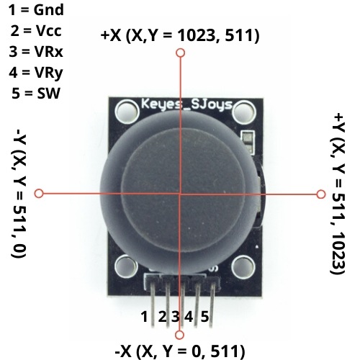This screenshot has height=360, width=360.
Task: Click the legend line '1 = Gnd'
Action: tap(36, 12)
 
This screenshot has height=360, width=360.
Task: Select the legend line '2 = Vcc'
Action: tap(36, 32)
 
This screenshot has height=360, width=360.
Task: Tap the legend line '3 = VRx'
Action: tap(36, 52)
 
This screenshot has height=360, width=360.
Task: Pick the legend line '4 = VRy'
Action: tap(36, 72)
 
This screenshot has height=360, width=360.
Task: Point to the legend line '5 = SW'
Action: tap(36, 93)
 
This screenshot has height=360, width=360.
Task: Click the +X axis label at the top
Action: tap(180, 35)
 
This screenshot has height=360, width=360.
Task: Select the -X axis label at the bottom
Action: tap(180, 351)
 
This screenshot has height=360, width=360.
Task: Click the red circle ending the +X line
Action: tap(180, 53)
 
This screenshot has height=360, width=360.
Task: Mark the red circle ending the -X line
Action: tap(180, 333)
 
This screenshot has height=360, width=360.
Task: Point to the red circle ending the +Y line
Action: tap(321, 194)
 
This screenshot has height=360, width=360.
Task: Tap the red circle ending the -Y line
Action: tap(40, 194)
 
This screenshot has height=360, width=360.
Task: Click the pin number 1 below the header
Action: tap(145, 315)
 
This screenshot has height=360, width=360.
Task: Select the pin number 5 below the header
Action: tap(205, 315)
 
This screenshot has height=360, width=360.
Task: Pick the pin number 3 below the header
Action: tap(175, 315)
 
